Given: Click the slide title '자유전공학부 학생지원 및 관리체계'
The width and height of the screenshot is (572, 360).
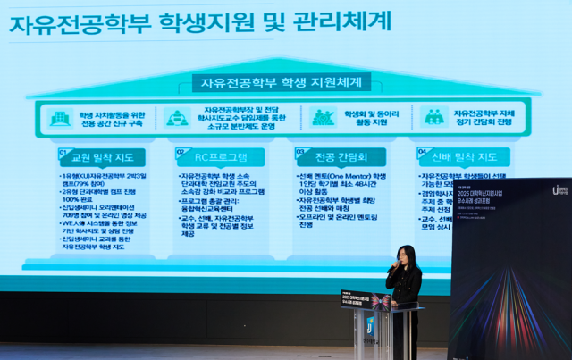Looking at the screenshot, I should pos(200,21).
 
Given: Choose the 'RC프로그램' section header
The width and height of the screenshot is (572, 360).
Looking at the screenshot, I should pos(224,157).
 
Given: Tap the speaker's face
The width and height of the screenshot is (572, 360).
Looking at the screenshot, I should pos(406,258).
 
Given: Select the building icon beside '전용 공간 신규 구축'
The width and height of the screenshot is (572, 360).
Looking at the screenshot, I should pos(60,118).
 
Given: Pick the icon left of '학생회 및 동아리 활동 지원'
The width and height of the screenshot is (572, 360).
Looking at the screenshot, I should pos(323,117).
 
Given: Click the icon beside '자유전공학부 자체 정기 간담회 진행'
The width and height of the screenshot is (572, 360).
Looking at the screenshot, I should pos(434,117).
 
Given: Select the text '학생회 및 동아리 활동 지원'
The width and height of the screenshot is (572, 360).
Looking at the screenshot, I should pos(367,118).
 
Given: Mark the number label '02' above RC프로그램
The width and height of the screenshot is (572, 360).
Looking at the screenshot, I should pos(181,152).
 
